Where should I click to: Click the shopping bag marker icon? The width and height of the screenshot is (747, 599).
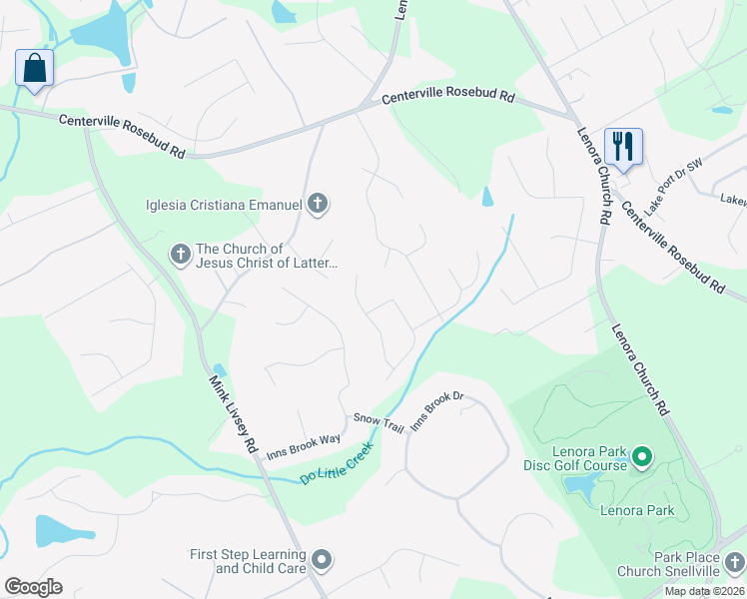(x=34, y=69)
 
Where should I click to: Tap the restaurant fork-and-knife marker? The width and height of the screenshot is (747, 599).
(x=623, y=147)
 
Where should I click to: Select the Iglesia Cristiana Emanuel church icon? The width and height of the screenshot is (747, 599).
(x=318, y=205)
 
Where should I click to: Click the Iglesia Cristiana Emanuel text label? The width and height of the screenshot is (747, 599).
(x=224, y=206)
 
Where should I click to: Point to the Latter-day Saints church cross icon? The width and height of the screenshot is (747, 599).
(x=180, y=255)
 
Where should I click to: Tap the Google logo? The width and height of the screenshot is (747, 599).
(x=33, y=587)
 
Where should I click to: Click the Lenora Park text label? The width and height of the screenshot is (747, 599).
(x=637, y=511)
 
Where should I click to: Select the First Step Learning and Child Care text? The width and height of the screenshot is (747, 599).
(x=249, y=561)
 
